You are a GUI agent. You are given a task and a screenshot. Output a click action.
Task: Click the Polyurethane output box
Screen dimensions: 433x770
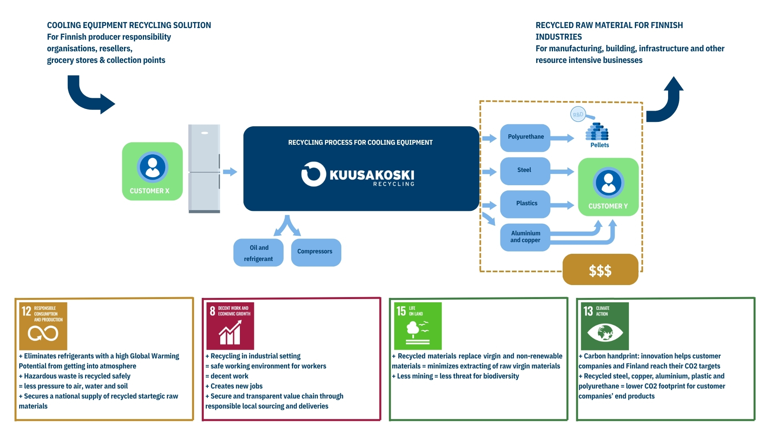[525, 138]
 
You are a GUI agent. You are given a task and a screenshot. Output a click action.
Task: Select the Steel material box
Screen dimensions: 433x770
[525, 171]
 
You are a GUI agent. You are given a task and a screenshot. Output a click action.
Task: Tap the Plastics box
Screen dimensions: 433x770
[525, 204]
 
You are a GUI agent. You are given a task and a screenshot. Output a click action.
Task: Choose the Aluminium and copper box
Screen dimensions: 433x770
[525, 237]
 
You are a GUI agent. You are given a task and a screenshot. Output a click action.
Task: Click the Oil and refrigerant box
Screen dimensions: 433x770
[258, 253]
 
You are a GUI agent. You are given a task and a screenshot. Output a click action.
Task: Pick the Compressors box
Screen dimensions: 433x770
[316, 252]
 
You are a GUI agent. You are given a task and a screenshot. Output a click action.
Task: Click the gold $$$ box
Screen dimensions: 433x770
[600, 270]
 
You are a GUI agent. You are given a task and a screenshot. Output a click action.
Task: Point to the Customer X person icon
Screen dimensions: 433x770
[152, 167]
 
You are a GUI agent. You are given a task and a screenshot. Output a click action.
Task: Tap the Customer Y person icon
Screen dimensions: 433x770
[608, 182]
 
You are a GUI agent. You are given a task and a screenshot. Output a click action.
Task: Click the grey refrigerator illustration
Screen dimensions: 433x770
[204, 168]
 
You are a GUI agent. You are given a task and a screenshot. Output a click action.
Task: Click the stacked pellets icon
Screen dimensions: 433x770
[597, 132]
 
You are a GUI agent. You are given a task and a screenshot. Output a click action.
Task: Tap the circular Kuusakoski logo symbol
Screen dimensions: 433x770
[313, 174]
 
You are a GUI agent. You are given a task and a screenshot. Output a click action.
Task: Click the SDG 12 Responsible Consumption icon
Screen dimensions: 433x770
[43, 326]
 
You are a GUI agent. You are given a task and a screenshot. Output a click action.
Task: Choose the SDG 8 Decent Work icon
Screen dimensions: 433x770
[230, 326]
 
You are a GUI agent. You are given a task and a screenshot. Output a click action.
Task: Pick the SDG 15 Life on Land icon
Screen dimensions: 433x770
[417, 326]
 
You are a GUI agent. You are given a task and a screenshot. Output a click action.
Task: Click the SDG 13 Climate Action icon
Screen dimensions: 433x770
[605, 326]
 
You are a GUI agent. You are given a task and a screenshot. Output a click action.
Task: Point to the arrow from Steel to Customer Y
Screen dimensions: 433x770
[562, 172]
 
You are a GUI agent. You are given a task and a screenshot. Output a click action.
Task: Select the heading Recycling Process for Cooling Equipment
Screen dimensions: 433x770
[360, 142]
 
